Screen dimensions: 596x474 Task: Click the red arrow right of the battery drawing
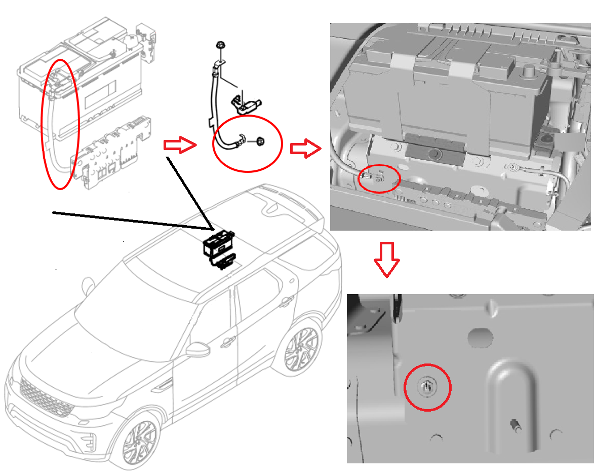(x=180, y=145)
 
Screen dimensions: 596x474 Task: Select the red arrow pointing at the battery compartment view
(x=305, y=149)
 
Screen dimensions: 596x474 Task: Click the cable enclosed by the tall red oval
(x=53, y=127)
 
